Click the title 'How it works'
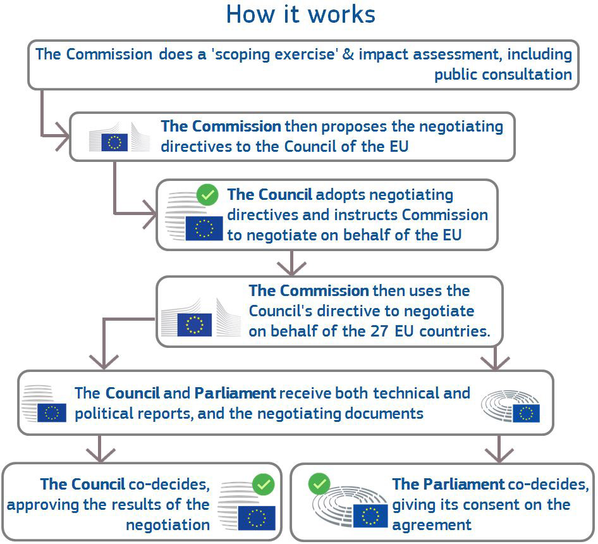click(300, 15)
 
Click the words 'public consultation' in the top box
click(503, 75)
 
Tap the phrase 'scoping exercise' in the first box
click(275, 54)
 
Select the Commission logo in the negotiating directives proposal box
click(119, 137)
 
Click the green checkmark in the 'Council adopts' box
click(207, 195)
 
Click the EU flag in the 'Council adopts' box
click(204, 228)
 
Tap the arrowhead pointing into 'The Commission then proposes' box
click(63, 136)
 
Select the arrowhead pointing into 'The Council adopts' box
click(150, 214)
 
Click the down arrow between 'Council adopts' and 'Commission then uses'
click(291, 263)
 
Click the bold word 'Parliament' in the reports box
click(235, 393)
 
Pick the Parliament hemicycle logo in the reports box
click(510, 406)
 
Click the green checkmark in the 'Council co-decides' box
click(263, 485)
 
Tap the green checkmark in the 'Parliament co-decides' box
click(319, 484)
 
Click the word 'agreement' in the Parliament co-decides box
click(432, 525)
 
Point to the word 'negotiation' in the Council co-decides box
click(168, 525)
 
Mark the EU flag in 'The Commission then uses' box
click(195, 325)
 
